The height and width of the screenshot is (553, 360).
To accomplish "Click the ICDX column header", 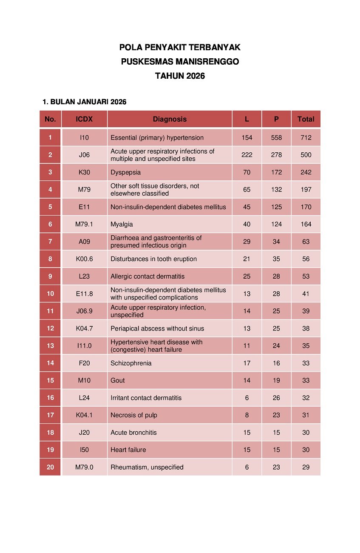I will coord(84,119).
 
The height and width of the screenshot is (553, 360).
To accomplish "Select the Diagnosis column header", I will coord(170,119).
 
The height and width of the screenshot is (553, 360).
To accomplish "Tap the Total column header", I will coord(306,119).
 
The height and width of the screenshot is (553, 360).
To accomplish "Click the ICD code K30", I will coord(84,172).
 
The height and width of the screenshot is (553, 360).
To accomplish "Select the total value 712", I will coord(306,137).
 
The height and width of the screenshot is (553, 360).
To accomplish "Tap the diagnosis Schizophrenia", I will coord(131,363).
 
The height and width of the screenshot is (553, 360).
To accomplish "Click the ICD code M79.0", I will coord(84,467).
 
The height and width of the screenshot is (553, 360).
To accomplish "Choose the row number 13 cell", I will coord(50,345).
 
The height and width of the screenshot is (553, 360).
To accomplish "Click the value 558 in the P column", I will coord(276,137).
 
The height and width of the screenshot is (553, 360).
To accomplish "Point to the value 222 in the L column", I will coord(247,155).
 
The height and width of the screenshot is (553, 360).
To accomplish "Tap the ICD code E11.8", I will coord(84,294).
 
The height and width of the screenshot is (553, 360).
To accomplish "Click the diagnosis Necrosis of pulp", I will coord(133,415).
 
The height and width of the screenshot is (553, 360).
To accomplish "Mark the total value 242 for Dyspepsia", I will coord(306,172).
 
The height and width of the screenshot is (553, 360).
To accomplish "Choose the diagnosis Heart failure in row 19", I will coord(128,450).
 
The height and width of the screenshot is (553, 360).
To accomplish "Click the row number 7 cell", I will coord(50,242).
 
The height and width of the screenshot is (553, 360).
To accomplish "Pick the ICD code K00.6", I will coord(84,259).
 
